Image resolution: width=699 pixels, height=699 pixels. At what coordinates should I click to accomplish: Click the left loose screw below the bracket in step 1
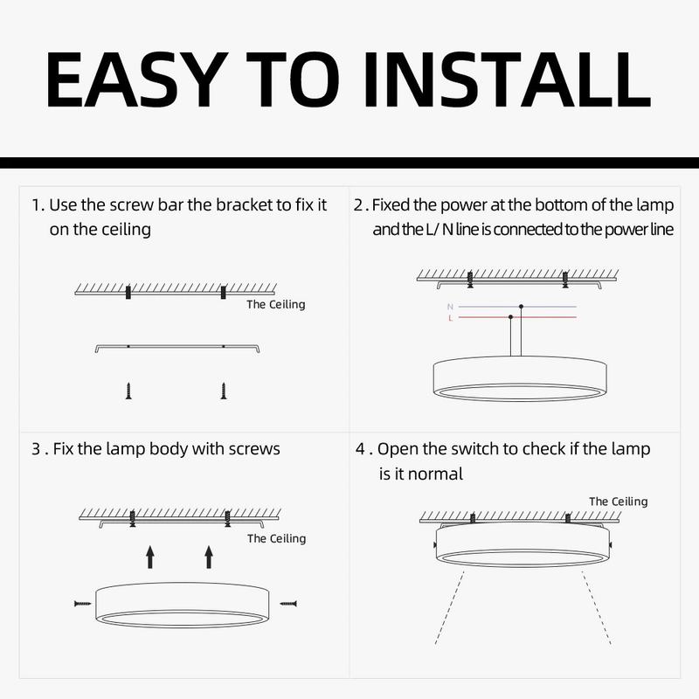[x=128, y=390]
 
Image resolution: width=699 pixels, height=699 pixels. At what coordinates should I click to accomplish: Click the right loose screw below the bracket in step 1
[x=224, y=390]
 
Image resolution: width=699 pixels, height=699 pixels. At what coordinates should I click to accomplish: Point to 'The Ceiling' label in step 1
[x=275, y=305]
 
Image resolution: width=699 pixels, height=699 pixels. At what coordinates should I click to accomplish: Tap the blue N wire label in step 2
[x=450, y=308]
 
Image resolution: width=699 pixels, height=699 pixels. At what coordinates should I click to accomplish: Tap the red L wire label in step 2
[x=450, y=319]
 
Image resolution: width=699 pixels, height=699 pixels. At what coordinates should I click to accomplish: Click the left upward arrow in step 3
[x=149, y=556]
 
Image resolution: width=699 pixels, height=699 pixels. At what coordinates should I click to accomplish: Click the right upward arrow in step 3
[x=209, y=556]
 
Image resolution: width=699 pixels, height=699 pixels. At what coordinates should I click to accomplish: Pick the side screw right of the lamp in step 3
[x=287, y=603]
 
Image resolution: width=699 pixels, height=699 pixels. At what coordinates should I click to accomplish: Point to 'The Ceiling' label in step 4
[x=618, y=502]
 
